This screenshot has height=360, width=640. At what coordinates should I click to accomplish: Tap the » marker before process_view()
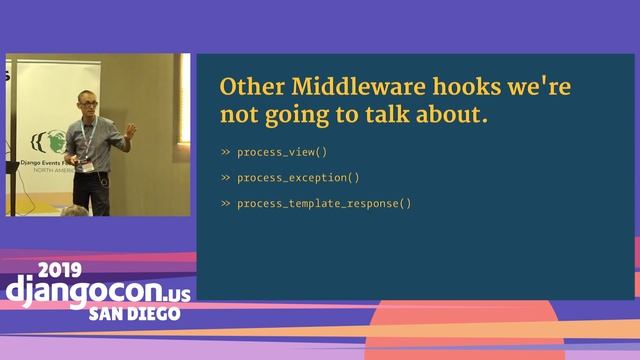tap(225, 152)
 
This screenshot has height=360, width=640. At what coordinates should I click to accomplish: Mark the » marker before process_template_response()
tap(225, 204)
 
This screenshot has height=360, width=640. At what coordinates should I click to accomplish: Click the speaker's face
tap(86, 105)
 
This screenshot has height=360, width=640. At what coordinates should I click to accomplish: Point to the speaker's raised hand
tap(130, 130)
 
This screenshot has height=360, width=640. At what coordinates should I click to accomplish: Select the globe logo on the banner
tap(40, 139)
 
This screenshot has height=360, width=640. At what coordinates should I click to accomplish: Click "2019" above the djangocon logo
tap(63, 271)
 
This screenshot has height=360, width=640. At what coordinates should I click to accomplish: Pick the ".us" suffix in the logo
tap(172, 292)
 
